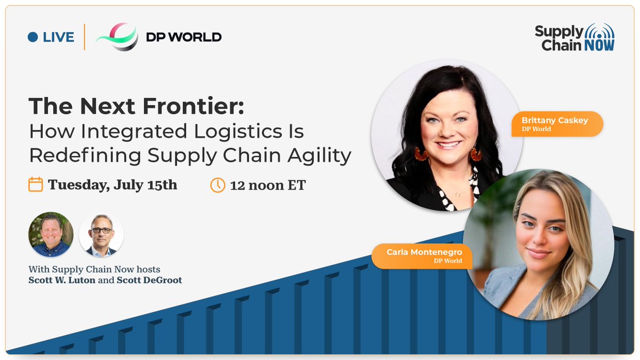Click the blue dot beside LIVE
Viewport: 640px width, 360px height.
[x=33, y=37]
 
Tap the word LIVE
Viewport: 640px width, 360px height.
[x=58, y=37]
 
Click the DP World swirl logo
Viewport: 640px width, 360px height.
[x=117, y=37]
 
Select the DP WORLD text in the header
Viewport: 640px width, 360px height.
[x=183, y=37]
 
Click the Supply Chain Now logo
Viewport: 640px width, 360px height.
[x=574, y=37]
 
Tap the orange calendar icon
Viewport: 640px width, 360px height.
[x=35, y=185]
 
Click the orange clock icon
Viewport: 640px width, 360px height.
[x=218, y=185]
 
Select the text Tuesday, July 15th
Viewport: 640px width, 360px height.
[x=113, y=185]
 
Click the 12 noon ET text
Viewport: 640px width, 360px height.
[x=268, y=186]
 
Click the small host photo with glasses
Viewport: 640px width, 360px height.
[x=101, y=234]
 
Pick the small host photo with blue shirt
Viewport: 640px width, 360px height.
[x=51, y=234]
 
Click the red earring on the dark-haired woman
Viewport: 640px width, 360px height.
[x=421, y=154]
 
